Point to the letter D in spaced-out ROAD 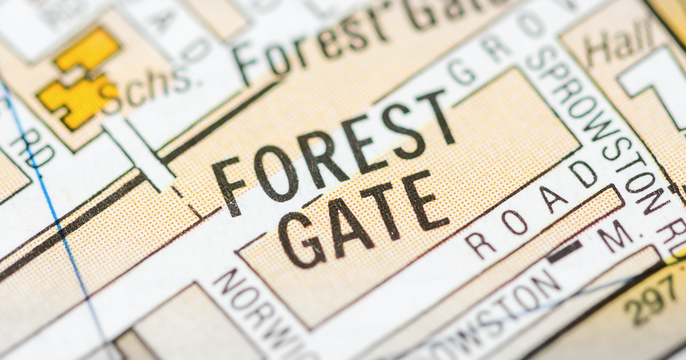tap(583, 174)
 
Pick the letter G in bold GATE tap(301, 240)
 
